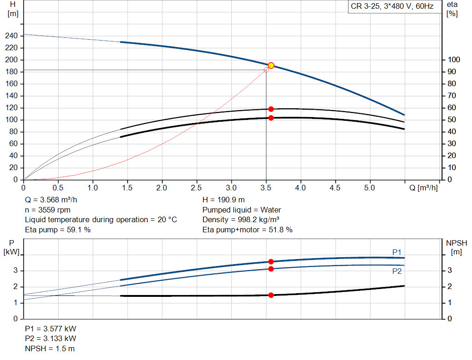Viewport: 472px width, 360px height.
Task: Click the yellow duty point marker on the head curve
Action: [x=271, y=65]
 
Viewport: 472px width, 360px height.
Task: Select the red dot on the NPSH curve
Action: [x=271, y=295]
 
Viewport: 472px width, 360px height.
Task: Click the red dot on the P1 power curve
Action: [x=271, y=262]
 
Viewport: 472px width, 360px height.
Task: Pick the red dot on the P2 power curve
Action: [x=271, y=269]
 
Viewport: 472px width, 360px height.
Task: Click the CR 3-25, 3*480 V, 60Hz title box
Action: [x=392, y=7]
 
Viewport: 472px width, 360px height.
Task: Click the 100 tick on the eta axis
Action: [x=454, y=60]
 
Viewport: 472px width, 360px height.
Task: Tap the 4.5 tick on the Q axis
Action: [x=335, y=188]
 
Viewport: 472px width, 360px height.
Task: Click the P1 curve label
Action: [x=397, y=252]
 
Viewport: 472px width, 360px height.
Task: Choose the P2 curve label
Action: [x=397, y=271]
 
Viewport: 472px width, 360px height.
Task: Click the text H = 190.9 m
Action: [x=224, y=200]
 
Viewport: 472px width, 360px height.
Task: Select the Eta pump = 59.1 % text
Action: [x=58, y=230]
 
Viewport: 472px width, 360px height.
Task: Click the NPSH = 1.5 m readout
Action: [x=50, y=348]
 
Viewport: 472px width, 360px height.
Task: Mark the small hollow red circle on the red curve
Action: [x=266, y=70]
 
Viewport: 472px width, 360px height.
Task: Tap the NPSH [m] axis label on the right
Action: [x=456, y=247]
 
